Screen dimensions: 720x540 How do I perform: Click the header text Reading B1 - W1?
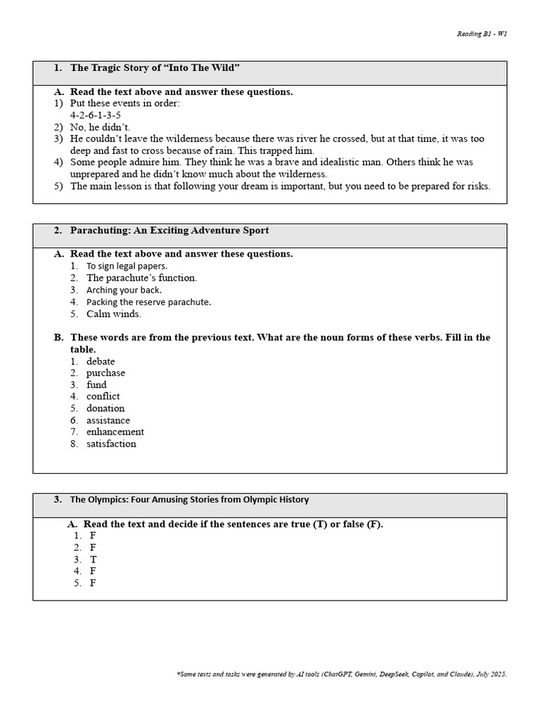pyautogui.click(x=482, y=34)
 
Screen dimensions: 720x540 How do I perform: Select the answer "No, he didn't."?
pyautogui.click(x=100, y=127)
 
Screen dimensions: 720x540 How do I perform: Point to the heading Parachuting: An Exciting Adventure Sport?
pyautogui.click(x=169, y=231)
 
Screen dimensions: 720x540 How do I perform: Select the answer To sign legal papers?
pyautogui.click(x=127, y=266)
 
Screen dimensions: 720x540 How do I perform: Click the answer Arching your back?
pyautogui.click(x=124, y=290)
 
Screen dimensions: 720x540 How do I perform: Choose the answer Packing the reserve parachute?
pyautogui.click(x=148, y=302)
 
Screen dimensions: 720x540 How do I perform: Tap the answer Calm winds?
pyautogui.click(x=113, y=314)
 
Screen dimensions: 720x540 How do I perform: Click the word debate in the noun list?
pyautogui.click(x=101, y=361)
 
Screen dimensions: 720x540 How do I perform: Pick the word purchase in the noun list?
pyautogui.click(x=105, y=373)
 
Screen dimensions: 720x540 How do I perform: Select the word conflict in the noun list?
pyautogui.click(x=103, y=397)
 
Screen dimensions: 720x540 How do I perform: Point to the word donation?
pyautogui.click(x=105, y=409)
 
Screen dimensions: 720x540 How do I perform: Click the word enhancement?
pyautogui.click(x=115, y=432)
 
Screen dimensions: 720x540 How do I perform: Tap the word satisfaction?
pyautogui.click(x=111, y=444)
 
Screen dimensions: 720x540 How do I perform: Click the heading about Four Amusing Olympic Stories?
pyautogui.click(x=188, y=500)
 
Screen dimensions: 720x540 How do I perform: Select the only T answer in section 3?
pyautogui.click(x=93, y=560)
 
